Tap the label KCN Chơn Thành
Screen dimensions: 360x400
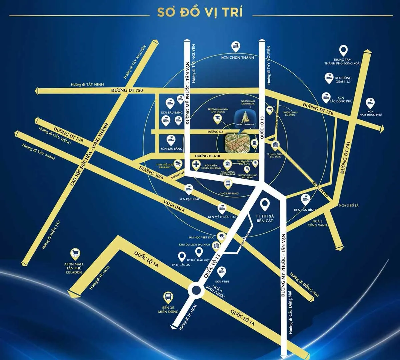pyautogui.click(x=238, y=57)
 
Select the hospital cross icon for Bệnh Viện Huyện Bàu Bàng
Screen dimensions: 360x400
pyautogui.click(x=197, y=164)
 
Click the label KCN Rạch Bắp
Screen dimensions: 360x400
pyautogui.click(x=189, y=199)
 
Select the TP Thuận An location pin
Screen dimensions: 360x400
pyautogui.click(x=182, y=256)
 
